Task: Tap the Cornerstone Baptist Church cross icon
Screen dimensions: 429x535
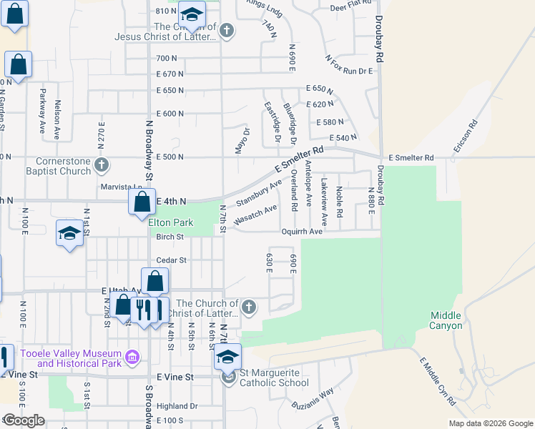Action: coord(102,165)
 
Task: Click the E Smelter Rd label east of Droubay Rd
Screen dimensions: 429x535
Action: coord(411,157)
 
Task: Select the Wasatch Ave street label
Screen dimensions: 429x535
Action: coord(255,213)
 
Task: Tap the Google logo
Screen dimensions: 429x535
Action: coord(23,420)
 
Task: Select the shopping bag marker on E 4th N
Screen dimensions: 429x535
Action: coord(142,202)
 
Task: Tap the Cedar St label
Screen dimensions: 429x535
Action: coord(171,260)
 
